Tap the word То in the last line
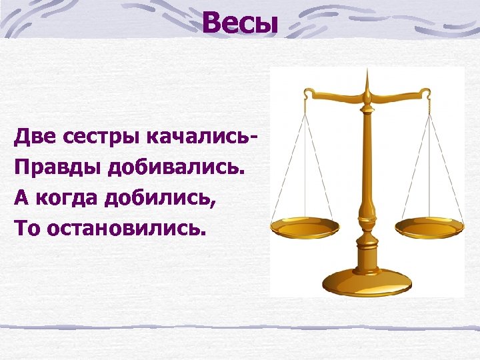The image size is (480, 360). pyautogui.click(x=24, y=229)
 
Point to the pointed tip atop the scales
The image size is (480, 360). pyautogui.click(x=366, y=75)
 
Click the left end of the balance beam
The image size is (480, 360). pyautogui.click(x=306, y=94)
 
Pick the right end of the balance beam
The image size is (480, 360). pyautogui.click(x=426, y=94)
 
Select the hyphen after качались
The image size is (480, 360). pyautogui.click(x=255, y=139)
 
